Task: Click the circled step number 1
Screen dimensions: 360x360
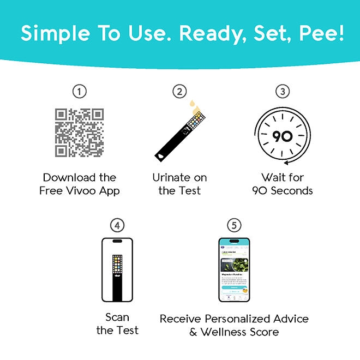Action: pos(80,92)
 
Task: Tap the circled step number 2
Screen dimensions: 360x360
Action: pos(179,92)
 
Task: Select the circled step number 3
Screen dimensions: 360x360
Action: pos(282,92)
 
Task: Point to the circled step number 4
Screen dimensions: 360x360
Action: pos(117,225)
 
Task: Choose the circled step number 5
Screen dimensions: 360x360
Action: pos(234,225)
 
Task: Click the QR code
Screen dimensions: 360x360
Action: pos(80,132)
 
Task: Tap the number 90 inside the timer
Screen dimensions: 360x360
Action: pos(283,136)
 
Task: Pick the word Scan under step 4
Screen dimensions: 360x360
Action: pos(117,317)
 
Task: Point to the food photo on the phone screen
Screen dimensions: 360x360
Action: pos(234,266)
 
